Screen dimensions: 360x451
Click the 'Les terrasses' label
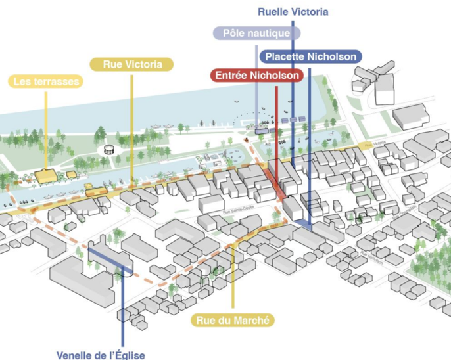coord(46,82)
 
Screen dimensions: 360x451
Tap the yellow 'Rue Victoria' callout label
coord(132,64)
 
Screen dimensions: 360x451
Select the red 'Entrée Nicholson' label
coord(257,76)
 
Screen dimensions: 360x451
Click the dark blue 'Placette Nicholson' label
coord(310,56)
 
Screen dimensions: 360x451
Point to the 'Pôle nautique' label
coord(257,33)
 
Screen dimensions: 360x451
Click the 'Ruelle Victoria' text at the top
coord(293,12)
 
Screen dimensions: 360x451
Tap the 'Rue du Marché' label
coord(233,321)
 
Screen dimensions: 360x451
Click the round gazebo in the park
coord(108,148)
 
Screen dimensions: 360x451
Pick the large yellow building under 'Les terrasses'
coord(46,175)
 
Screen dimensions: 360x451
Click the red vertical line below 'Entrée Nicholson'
coord(277,131)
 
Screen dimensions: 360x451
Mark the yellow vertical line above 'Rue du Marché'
coord(233,276)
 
